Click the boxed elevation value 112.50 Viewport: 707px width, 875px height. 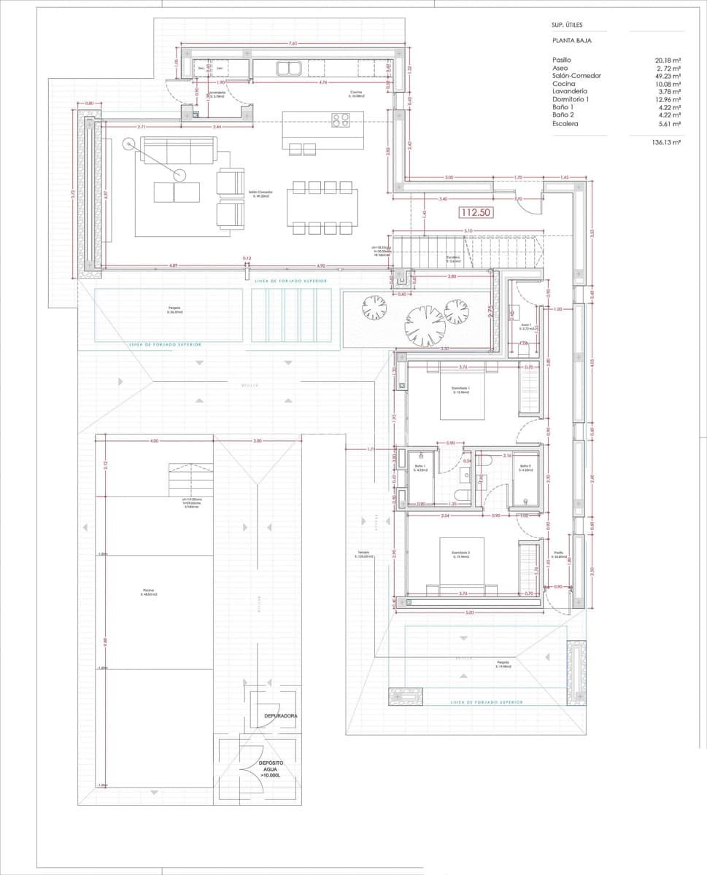(474, 213)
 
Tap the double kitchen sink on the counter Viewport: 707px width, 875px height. (290, 69)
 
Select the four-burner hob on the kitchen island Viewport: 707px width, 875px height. (341, 120)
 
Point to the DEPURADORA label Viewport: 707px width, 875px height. (281, 716)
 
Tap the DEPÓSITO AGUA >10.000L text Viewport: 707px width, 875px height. (271, 769)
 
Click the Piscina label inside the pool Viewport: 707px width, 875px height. (150, 592)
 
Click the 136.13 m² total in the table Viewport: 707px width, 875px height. (666, 144)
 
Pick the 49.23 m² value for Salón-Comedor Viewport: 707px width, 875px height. (668, 76)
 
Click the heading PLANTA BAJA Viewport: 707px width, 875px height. (572, 41)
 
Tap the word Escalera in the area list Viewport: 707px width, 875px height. (565, 124)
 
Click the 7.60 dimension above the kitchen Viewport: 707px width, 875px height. (293, 44)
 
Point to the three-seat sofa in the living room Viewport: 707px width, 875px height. (179, 151)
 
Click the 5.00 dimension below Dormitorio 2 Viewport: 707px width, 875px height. (469, 612)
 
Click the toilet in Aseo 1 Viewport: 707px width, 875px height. (523, 349)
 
